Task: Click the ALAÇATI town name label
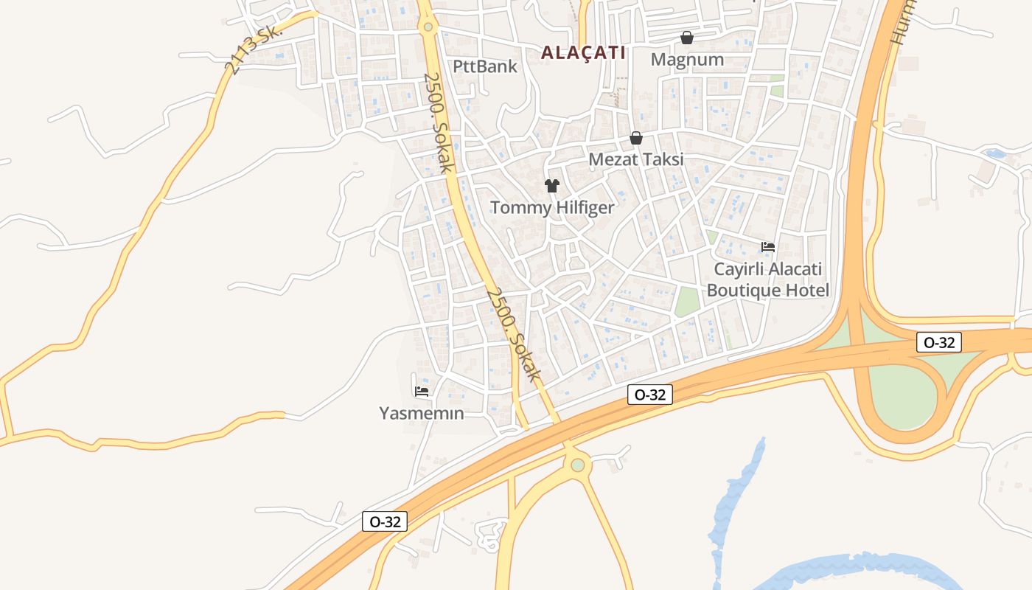pyautogui.click(x=583, y=52)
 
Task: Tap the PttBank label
pyautogui.click(x=484, y=66)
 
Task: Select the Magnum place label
pyautogui.click(x=687, y=60)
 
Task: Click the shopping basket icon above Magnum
pyautogui.click(x=687, y=37)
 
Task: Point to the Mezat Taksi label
pyautogui.click(x=635, y=159)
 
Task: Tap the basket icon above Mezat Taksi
pyautogui.click(x=636, y=138)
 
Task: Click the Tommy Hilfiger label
pyautogui.click(x=552, y=207)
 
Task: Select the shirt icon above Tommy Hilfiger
pyautogui.click(x=552, y=185)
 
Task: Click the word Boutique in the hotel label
pyautogui.click(x=742, y=291)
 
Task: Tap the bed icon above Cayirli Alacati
pyautogui.click(x=768, y=246)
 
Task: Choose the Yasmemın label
pyautogui.click(x=422, y=413)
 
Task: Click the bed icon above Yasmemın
pyautogui.click(x=422, y=391)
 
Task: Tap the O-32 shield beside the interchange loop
pyautogui.click(x=939, y=342)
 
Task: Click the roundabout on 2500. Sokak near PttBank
pyautogui.click(x=428, y=27)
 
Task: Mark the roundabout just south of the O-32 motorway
pyautogui.click(x=578, y=465)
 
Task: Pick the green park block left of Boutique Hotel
pyautogui.click(x=686, y=301)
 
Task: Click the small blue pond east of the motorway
pyautogui.click(x=994, y=154)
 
